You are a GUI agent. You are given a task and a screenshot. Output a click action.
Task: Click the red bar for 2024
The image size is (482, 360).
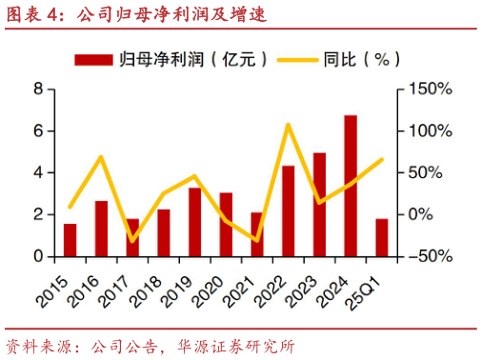351,186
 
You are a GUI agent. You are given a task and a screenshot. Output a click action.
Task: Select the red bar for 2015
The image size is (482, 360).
70,240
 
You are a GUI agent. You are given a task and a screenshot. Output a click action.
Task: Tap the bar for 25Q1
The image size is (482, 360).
382,237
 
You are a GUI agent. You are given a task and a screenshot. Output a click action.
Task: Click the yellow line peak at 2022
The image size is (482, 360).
288,125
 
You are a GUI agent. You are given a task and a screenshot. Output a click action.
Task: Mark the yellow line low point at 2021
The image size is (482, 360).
256,240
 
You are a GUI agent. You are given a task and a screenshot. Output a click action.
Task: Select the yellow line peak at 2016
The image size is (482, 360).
101,157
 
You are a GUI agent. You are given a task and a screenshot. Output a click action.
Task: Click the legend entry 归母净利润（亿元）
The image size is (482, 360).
171,59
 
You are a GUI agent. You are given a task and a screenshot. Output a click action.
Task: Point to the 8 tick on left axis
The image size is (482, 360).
39,90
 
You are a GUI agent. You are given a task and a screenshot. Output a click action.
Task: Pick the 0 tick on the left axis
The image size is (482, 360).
39,256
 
